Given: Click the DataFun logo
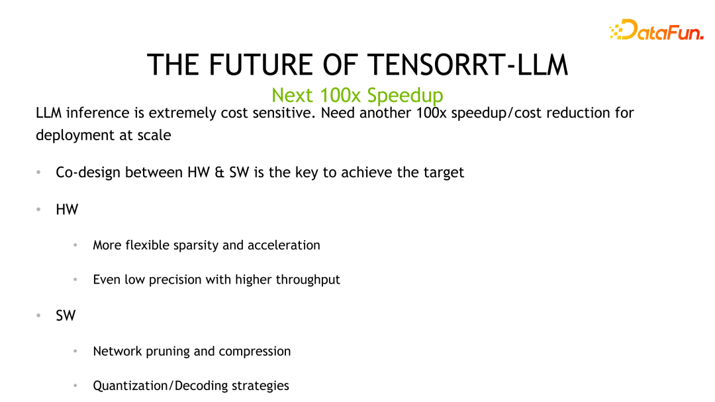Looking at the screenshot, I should [x=656, y=30].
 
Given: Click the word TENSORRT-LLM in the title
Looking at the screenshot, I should [x=467, y=65].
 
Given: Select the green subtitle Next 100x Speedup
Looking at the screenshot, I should [x=358, y=95].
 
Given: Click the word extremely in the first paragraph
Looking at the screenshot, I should [x=180, y=113].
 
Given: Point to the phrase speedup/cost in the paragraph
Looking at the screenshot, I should [x=502, y=113].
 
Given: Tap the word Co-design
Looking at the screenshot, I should [x=88, y=173].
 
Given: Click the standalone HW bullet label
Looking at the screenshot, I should [x=67, y=210].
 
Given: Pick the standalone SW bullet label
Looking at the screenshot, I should [x=66, y=315].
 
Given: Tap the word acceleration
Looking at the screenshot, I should [x=283, y=245].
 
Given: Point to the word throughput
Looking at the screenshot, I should [x=308, y=280].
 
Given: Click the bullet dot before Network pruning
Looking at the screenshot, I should [x=76, y=351].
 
